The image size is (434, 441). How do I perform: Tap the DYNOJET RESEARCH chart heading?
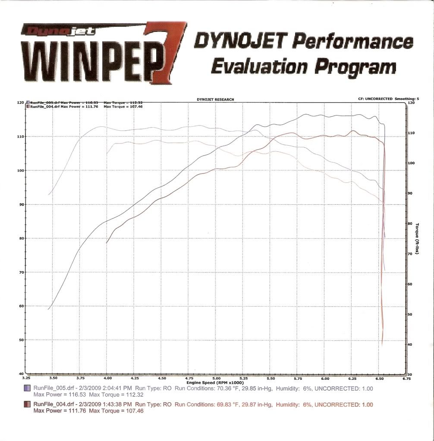(x=215, y=100)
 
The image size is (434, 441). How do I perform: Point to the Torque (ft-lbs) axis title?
(x=417, y=238)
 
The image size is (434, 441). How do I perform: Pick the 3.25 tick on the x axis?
(x=25, y=378)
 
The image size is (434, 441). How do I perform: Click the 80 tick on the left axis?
(x=20, y=238)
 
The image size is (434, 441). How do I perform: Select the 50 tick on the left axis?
(x=20, y=340)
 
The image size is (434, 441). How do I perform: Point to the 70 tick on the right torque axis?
(x=410, y=254)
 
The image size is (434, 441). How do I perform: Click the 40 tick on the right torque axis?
(x=410, y=344)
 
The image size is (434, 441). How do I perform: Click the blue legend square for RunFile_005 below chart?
(x=27, y=389)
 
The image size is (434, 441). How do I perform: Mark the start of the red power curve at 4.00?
(x=107, y=243)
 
